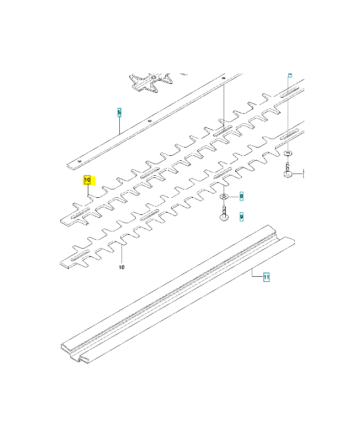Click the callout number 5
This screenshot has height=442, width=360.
[119, 113]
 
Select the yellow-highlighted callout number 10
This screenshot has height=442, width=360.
[87, 180]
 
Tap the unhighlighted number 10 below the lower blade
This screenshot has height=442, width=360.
[121, 267]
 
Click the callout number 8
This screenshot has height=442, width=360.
[241, 196]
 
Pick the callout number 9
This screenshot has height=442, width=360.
[241, 218]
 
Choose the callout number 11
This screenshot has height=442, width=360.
[266, 277]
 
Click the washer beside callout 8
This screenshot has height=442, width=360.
[225, 197]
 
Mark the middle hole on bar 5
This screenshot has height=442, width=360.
[150, 120]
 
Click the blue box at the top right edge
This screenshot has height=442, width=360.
[289, 73]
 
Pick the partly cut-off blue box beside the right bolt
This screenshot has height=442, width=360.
[304, 173]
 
